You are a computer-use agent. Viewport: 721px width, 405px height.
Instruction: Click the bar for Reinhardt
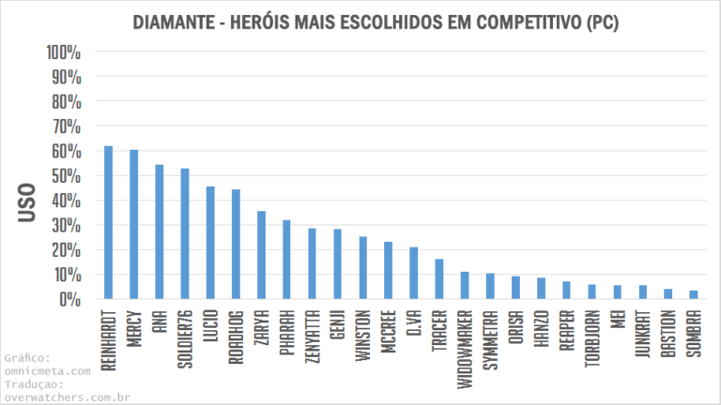(x=108, y=223)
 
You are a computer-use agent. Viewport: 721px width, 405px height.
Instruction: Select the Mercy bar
(x=133, y=225)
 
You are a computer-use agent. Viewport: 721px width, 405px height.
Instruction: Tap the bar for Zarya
(x=261, y=255)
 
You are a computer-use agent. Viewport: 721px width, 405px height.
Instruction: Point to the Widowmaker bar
(x=464, y=285)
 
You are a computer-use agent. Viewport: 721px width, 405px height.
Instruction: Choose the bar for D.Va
(x=413, y=273)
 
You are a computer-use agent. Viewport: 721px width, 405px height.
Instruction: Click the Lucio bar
(x=210, y=243)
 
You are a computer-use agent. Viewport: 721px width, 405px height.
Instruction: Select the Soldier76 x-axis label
(x=185, y=335)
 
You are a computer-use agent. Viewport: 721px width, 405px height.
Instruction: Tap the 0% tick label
(x=71, y=299)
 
